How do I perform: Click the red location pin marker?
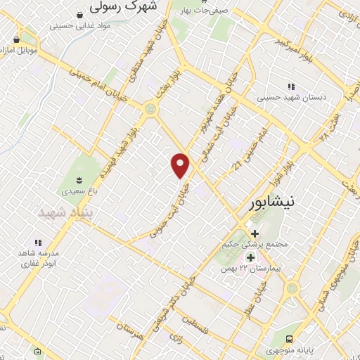click(181, 165)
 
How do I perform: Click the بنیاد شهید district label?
click(60, 212)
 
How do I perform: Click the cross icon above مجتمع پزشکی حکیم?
click(254, 233)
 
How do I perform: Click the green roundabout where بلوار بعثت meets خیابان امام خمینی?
click(149, 109)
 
